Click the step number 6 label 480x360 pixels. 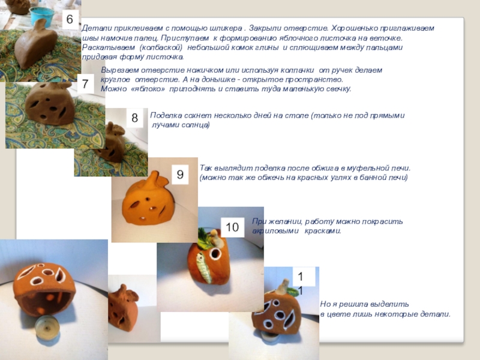click(x=70, y=19)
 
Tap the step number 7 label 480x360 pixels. click(x=85, y=84)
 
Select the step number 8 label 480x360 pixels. click(x=134, y=118)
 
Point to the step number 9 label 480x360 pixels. click(x=180, y=175)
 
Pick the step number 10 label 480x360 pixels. click(x=232, y=227)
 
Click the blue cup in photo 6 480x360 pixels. click(x=42, y=16)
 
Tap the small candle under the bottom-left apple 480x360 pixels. click(x=47, y=326)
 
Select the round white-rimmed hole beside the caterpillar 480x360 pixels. click(x=215, y=254)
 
